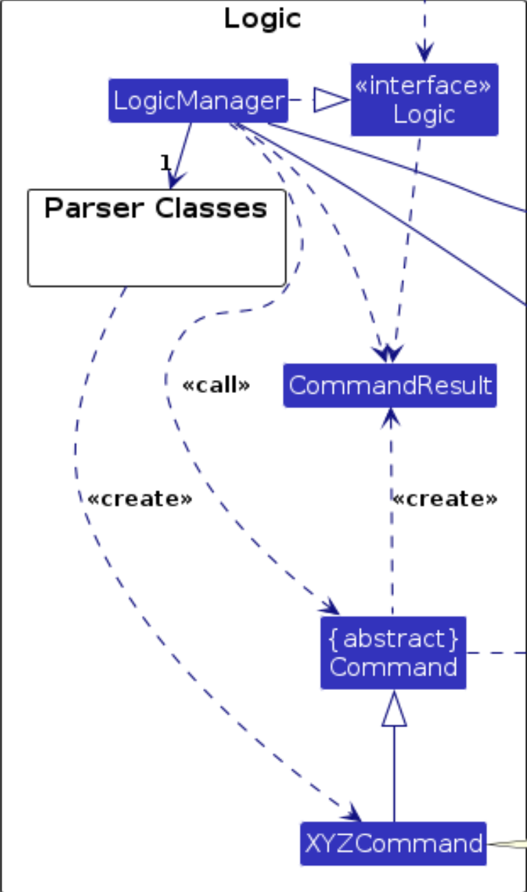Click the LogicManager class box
tap(198, 101)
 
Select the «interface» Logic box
tap(424, 100)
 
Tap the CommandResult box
tap(390, 386)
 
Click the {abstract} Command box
tap(393, 653)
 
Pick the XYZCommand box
tap(393, 843)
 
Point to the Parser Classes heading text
tap(156, 208)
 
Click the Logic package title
tap(263, 19)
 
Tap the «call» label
tap(215, 386)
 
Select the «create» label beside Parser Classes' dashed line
tap(139, 499)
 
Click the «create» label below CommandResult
tap(444, 499)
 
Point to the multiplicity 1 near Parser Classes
tap(165, 162)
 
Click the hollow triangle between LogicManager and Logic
tap(331, 100)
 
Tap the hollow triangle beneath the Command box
tap(394, 709)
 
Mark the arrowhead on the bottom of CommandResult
tap(390, 414)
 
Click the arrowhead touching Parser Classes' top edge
tap(174, 179)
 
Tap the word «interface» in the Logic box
tap(423, 87)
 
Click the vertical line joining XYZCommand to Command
tap(394, 773)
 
